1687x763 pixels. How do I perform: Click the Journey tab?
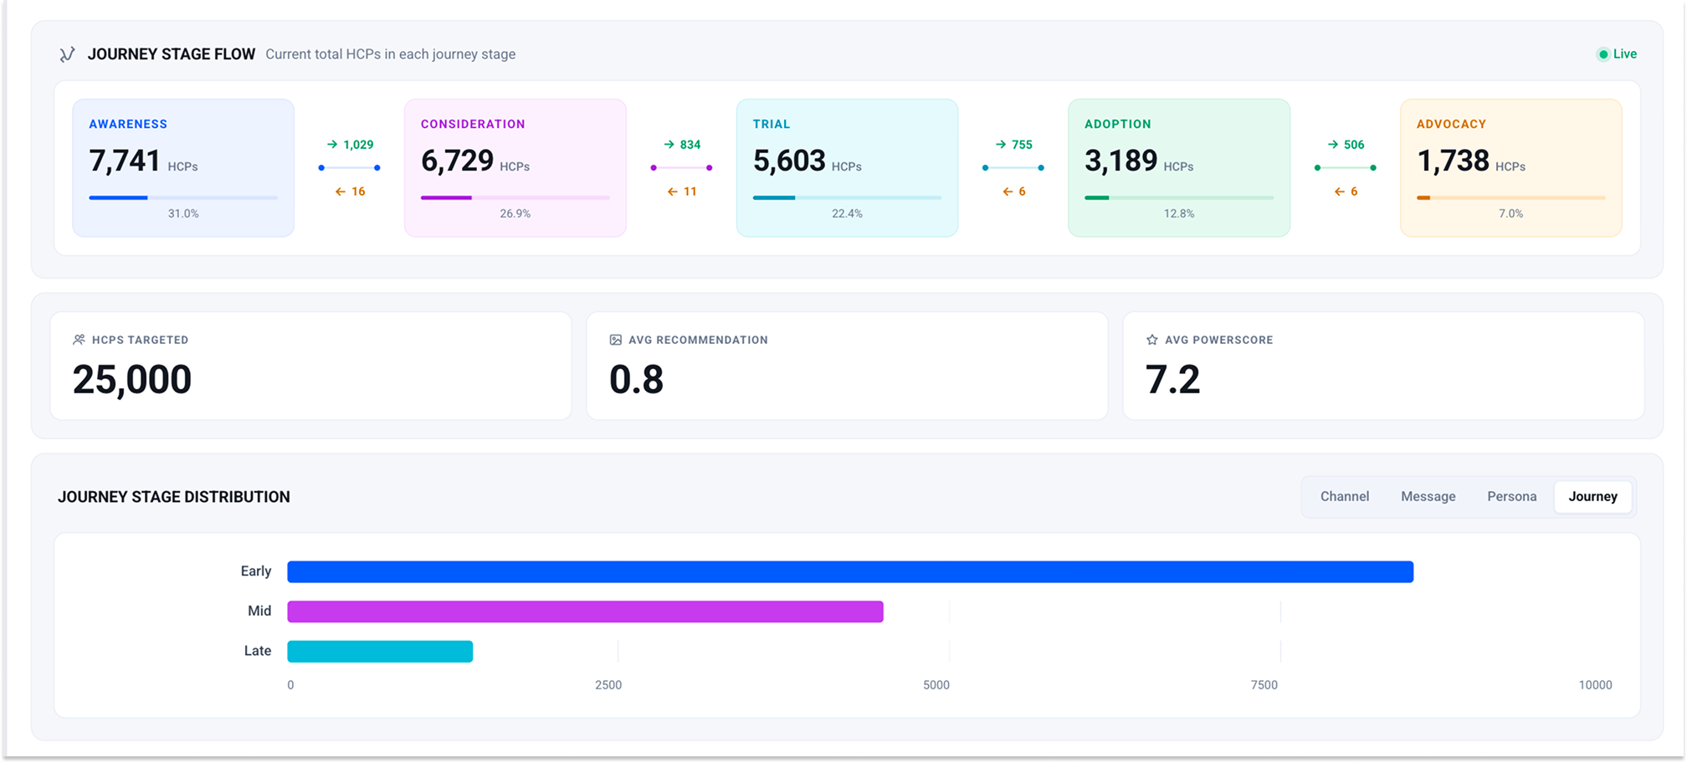(1592, 496)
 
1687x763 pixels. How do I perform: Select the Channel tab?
(1345, 496)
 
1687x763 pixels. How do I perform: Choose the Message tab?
(1428, 496)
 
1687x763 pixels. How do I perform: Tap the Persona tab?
(1512, 496)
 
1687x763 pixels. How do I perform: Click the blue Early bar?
(850, 571)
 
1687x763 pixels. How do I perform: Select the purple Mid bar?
(585, 612)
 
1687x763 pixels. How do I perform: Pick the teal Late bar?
(380, 651)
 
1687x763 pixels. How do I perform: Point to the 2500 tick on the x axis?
(608, 685)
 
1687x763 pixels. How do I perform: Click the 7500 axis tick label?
(1264, 685)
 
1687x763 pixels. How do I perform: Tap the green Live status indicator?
(1617, 54)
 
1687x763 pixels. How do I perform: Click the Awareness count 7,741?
(125, 161)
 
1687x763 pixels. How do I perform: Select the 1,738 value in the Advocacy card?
(1453, 161)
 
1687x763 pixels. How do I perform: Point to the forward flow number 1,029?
(358, 145)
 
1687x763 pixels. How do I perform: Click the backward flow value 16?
(358, 192)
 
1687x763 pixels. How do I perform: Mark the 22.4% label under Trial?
(847, 213)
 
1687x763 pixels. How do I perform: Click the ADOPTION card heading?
(1118, 124)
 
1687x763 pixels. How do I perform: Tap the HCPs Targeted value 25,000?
(132, 380)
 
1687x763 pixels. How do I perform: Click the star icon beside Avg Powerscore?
(1152, 340)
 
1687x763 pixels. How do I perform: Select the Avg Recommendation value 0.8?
(636, 380)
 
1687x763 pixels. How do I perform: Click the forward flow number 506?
(1354, 145)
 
